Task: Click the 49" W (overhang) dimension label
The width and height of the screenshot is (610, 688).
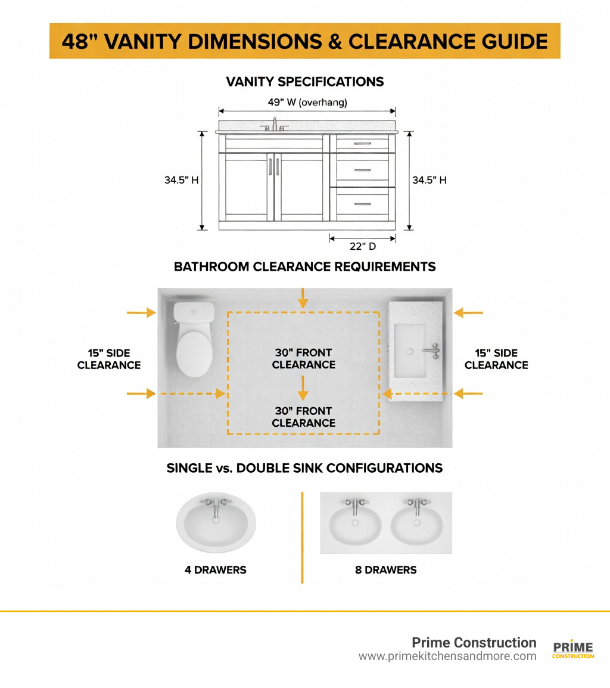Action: pos(307,102)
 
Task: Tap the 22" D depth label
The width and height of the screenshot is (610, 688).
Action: pos(363,247)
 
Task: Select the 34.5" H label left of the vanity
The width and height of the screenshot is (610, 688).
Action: pos(181,180)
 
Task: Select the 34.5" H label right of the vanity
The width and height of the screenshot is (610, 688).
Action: pos(429,180)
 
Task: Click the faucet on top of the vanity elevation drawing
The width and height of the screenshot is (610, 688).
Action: pos(275,124)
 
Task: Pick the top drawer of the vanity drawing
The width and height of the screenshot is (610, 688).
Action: pos(362,143)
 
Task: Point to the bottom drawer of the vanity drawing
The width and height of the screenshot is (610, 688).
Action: pos(362,204)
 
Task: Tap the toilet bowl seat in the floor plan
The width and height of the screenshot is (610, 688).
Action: pos(194,354)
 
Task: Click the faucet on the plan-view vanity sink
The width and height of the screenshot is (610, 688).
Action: pos(432,351)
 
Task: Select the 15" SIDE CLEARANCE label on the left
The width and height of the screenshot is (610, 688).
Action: pos(109,359)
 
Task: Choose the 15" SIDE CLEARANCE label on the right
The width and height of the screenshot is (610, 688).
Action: pos(496,359)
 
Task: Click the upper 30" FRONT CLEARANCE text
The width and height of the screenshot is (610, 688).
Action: pos(304,358)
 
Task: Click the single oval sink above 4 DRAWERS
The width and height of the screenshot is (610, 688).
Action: pos(216,523)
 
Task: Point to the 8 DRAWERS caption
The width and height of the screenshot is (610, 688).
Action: pos(385,570)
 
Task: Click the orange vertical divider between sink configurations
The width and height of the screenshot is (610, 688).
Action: pos(302,537)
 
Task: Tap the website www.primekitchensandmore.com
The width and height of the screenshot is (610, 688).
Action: pos(447,656)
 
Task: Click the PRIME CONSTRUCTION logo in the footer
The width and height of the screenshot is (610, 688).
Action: pos(573,650)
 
